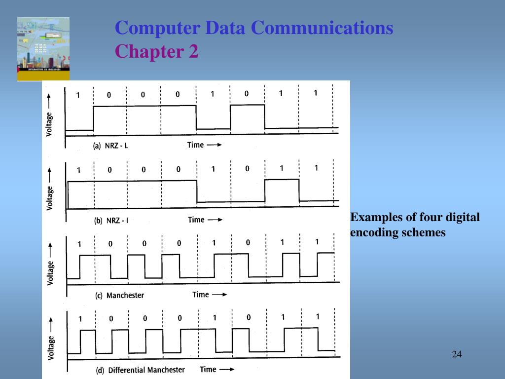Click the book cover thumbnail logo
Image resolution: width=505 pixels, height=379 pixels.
(43, 49)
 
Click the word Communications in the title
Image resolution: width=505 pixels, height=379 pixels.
(322, 28)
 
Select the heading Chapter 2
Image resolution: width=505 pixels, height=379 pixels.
(157, 51)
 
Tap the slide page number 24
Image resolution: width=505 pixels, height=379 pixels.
(456, 354)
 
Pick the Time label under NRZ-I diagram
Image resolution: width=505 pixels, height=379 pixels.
(196, 220)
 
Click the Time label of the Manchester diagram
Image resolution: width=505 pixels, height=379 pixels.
(201, 295)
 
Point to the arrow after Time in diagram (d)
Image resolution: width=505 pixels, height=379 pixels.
(226, 370)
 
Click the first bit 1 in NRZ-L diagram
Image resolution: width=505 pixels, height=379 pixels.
(77, 95)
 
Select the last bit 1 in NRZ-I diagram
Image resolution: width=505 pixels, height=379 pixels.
(316, 168)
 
